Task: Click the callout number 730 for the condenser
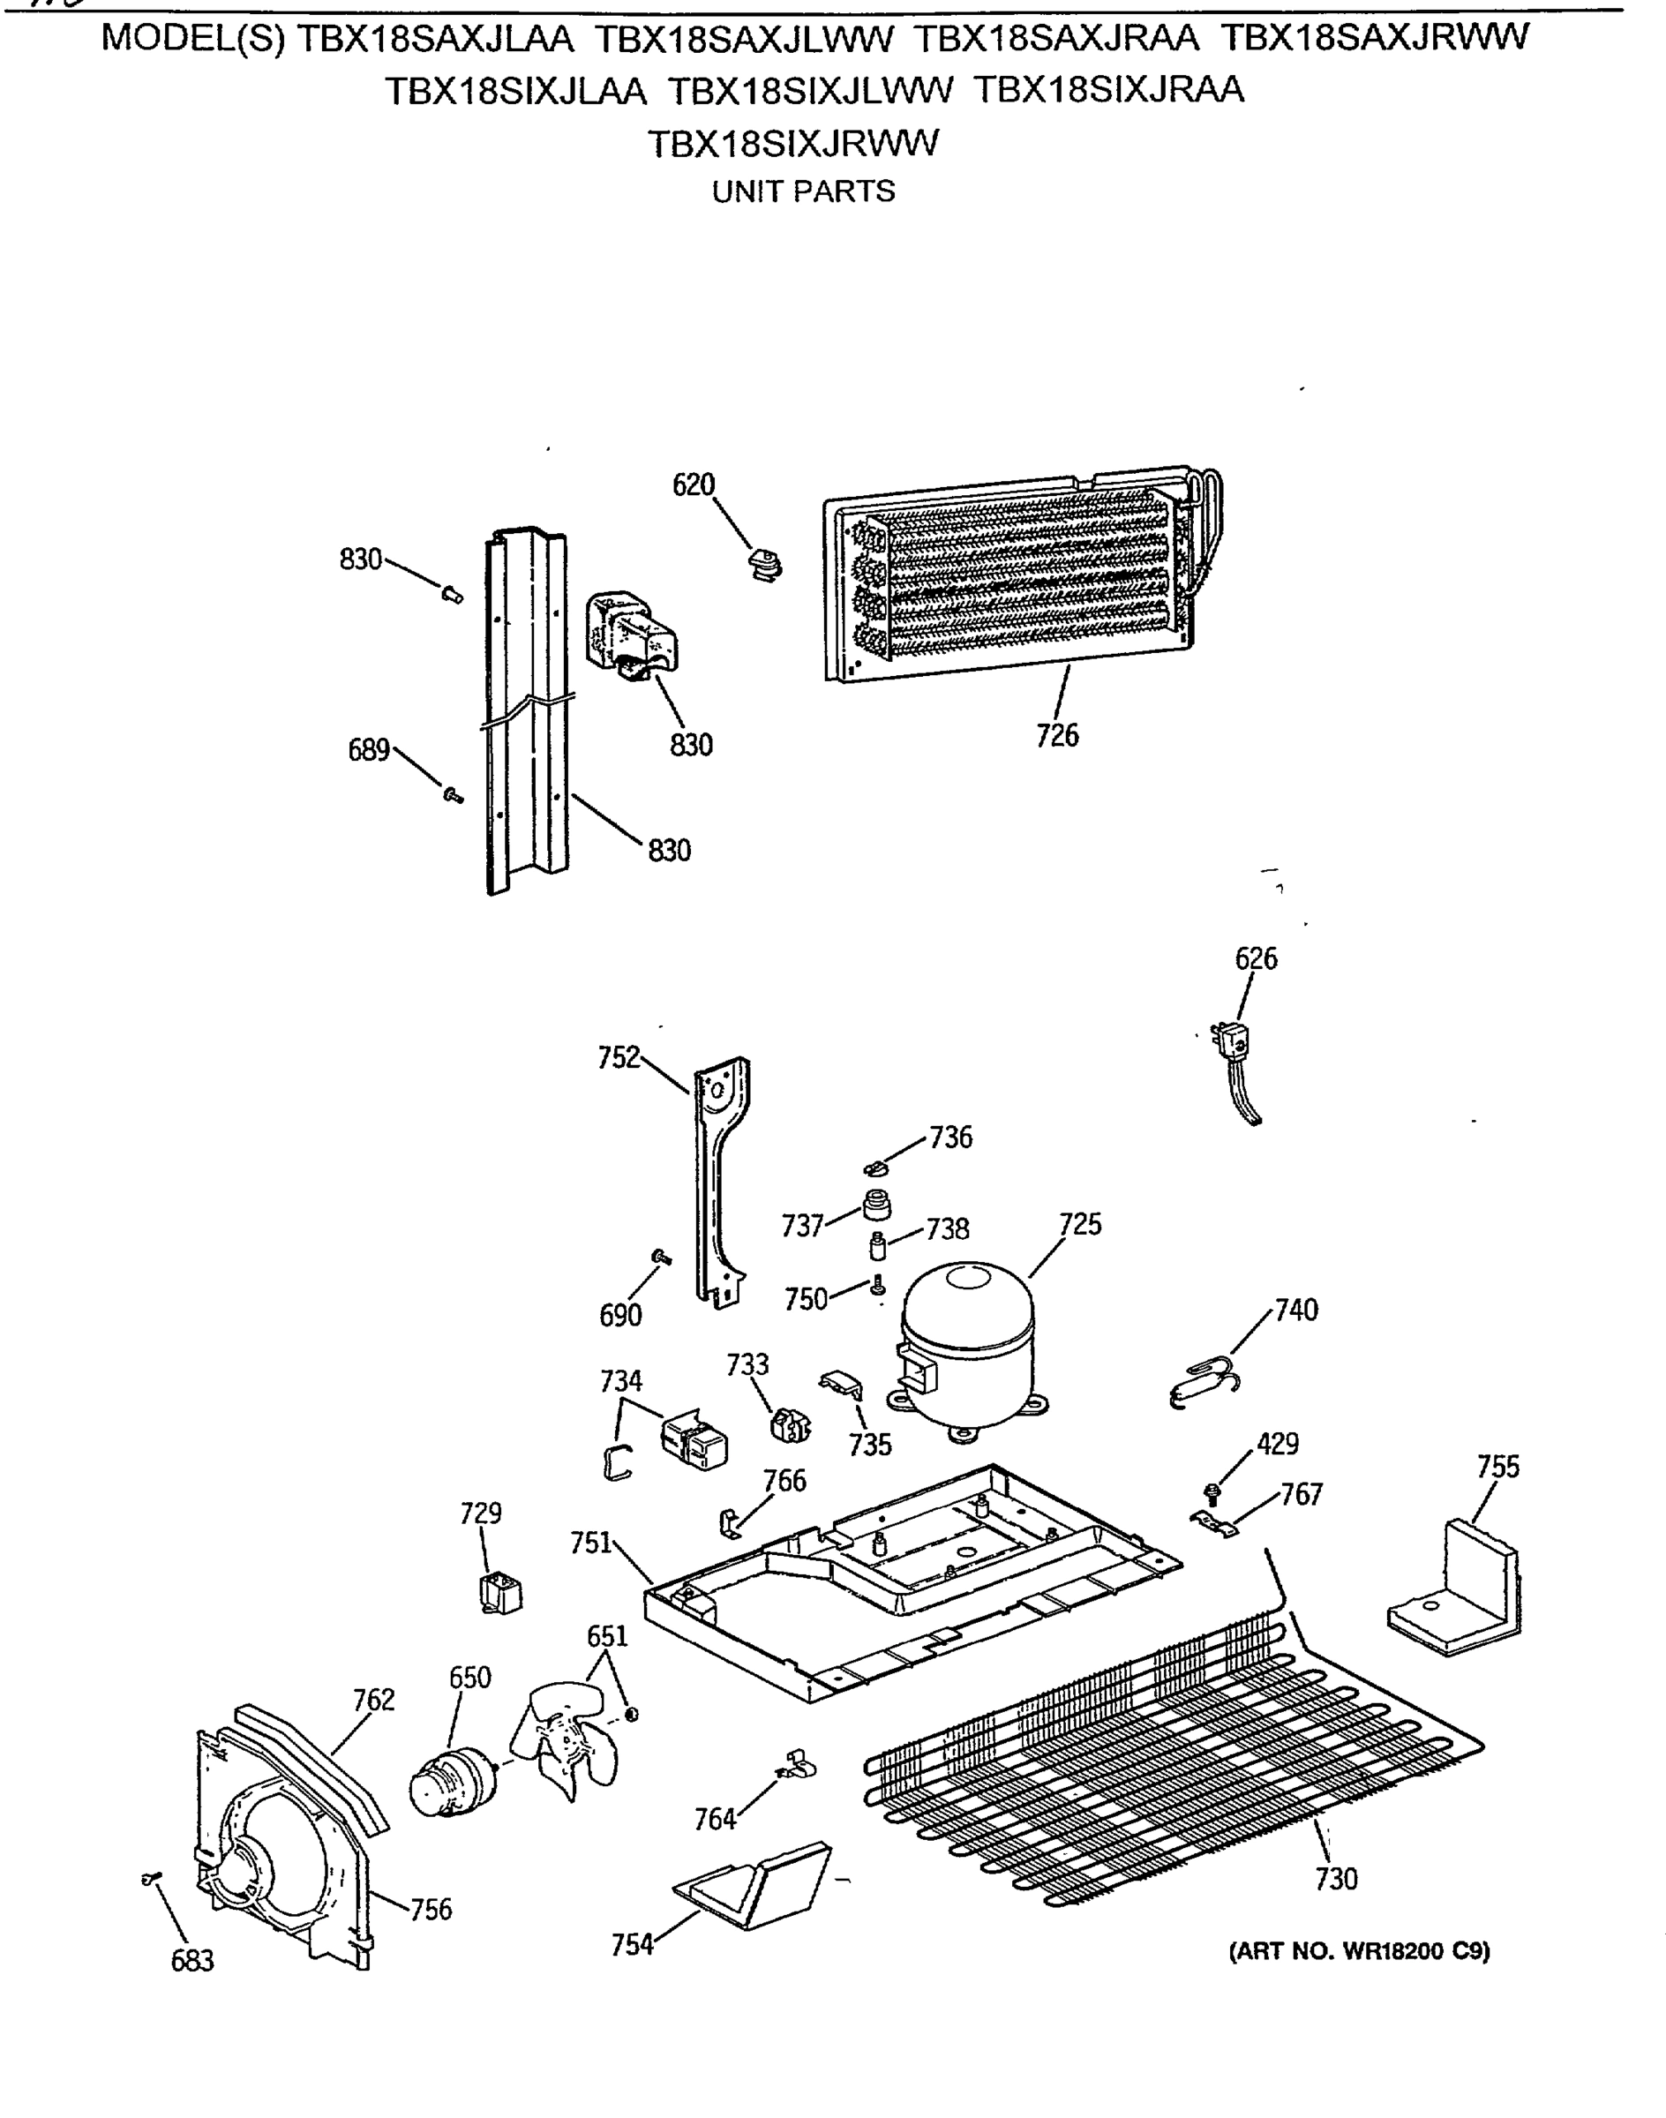tap(1335, 1878)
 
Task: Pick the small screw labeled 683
tap(151, 1878)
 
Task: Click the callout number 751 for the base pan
tap(591, 1543)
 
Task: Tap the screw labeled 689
tap(452, 796)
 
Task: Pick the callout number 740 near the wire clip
tap(1296, 1310)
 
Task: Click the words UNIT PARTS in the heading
tap(803, 192)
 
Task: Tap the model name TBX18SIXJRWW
tap(792, 144)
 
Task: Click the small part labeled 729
tap(501, 1594)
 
